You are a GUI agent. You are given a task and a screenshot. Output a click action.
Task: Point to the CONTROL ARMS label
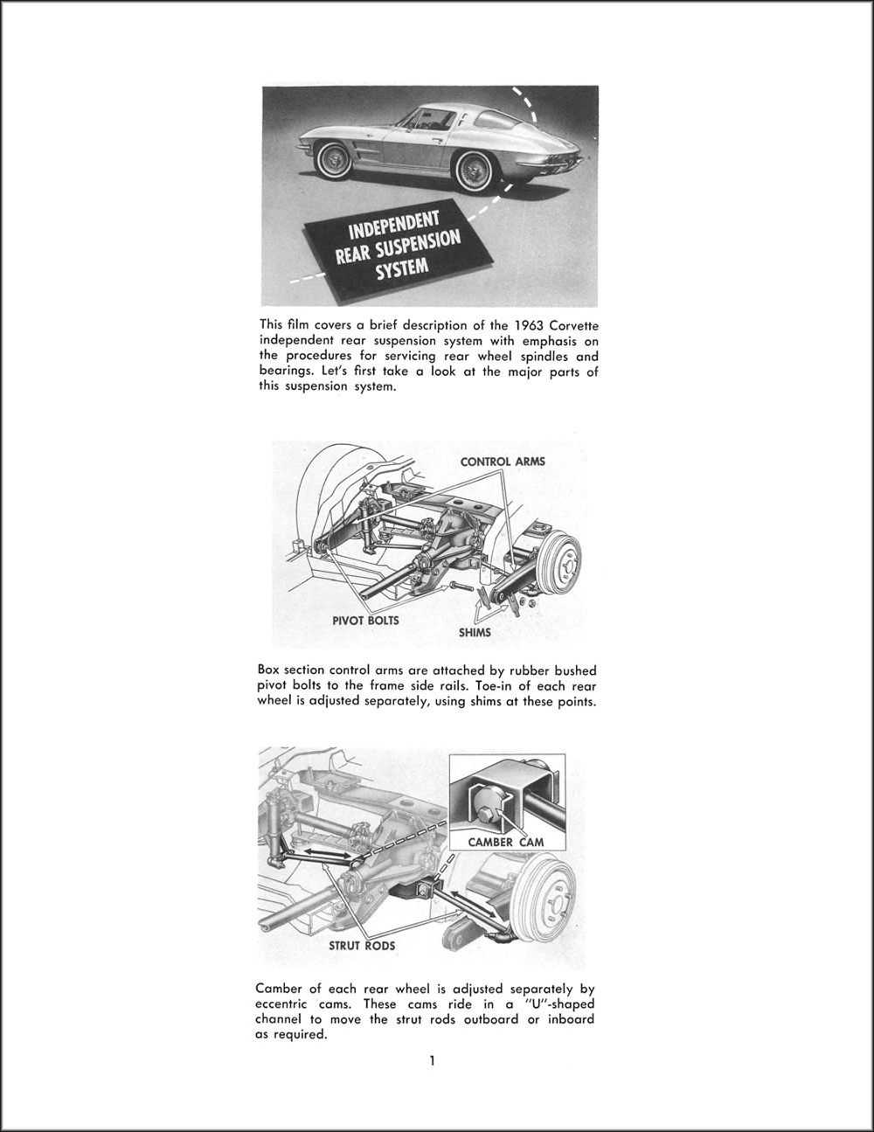(x=503, y=462)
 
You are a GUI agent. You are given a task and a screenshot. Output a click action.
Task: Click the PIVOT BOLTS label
(x=365, y=621)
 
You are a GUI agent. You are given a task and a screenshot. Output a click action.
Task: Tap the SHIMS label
(x=475, y=632)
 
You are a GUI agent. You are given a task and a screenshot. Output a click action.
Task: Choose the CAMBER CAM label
(x=506, y=842)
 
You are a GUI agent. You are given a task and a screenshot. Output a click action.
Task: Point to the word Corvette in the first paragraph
(x=575, y=325)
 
